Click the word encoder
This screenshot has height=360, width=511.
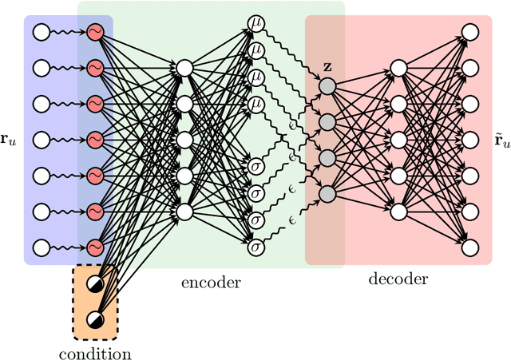pyautogui.click(x=212, y=282)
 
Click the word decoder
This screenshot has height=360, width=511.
pyautogui.click(x=398, y=279)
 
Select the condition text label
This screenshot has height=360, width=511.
pyautogui.click(x=95, y=353)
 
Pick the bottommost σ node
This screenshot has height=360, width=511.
pyautogui.click(x=256, y=247)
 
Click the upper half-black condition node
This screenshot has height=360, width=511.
pyautogui.click(x=95, y=283)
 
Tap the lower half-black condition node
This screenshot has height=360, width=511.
pyautogui.click(x=95, y=318)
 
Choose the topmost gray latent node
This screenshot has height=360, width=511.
pyautogui.click(x=327, y=85)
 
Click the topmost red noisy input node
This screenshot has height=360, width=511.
pyautogui.click(x=95, y=32)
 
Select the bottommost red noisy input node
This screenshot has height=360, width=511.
pyautogui.click(x=95, y=247)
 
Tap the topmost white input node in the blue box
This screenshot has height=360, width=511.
pyautogui.click(x=40, y=32)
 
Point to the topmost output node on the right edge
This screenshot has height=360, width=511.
pyautogui.click(x=470, y=32)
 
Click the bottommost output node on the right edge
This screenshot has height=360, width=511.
pyautogui.click(x=470, y=247)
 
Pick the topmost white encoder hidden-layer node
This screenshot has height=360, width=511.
pyautogui.click(x=184, y=68)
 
